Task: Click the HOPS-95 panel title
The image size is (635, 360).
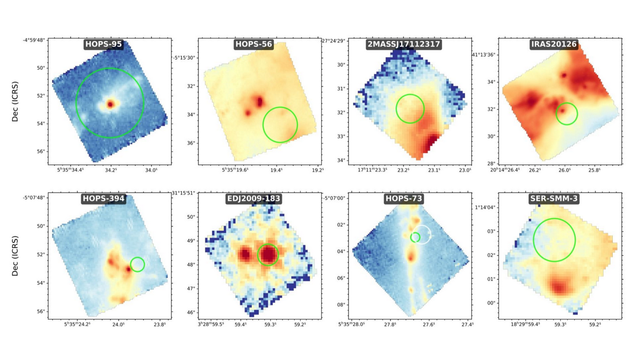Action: pos(103,44)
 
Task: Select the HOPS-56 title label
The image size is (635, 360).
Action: pos(253,44)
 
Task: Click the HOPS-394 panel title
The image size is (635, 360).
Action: pos(103,199)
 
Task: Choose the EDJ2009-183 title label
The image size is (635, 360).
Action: pos(253,199)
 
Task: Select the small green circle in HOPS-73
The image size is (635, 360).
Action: pos(415,237)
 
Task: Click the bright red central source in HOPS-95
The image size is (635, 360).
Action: pos(110,104)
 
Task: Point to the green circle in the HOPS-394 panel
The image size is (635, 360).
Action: pos(138,264)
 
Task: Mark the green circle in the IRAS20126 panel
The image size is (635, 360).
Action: pos(567,114)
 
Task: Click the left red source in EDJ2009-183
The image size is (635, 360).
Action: pos(245,255)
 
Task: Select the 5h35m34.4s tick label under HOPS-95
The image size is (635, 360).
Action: pos(66,170)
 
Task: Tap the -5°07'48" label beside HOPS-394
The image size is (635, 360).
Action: pos(34,199)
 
